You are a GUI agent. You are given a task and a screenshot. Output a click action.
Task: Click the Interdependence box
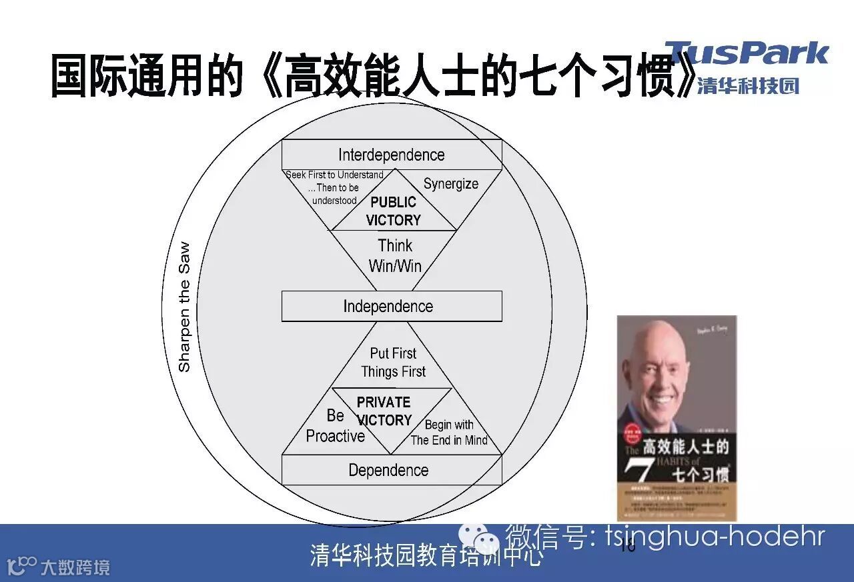click(x=391, y=155)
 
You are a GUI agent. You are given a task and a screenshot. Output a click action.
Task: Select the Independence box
click(x=391, y=307)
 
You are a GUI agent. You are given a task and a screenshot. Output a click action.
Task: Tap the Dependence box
click(x=391, y=470)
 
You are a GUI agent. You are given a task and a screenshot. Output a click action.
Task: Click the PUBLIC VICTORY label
click(x=394, y=211)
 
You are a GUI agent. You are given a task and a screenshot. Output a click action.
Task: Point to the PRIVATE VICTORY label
click(x=384, y=411)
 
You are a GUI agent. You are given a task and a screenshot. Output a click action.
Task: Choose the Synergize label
click(x=451, y=184)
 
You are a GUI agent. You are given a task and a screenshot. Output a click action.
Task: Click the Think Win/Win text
click(x=395, y=256)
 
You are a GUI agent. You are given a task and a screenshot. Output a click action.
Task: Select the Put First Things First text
click(x=394, y=362)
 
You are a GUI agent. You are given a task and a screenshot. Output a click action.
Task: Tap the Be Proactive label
click(x=335, y=426)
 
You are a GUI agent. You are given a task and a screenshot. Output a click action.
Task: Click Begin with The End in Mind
click(x=449, y=433)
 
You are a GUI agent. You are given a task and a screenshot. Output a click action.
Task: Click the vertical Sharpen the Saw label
click(x=184, y=307)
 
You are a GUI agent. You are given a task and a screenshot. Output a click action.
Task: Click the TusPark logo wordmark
click(x=746, y=53)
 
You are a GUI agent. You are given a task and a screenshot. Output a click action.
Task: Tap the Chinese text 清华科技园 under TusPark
click(x=748, y=86)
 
